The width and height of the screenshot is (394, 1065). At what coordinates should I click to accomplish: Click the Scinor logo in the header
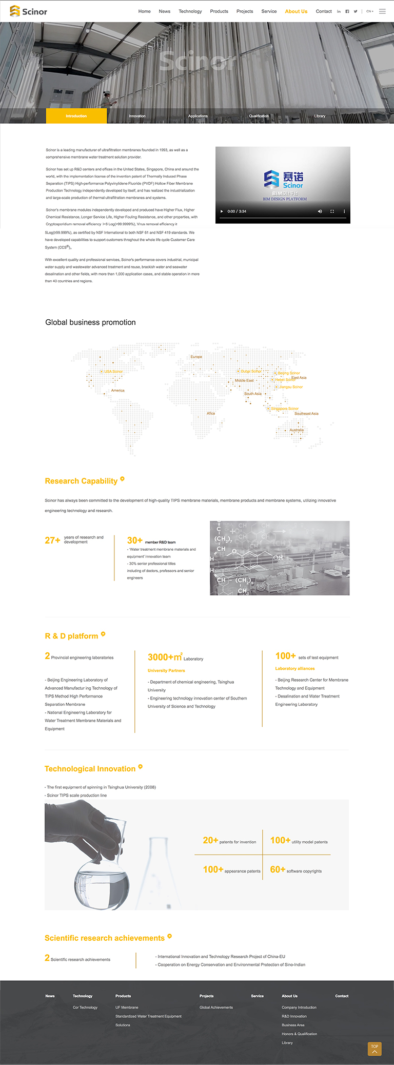pos(29,11)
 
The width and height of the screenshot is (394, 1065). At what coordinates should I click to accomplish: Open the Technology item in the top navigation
pos(190,11)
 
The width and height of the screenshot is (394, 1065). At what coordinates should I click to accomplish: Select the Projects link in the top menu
pos(245,11)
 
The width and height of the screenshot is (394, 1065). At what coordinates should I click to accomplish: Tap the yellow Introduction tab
pos(76,116)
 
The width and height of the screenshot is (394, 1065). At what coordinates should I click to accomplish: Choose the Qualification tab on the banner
pos(259,116)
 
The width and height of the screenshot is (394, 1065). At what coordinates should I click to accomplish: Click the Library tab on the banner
pos(320,116)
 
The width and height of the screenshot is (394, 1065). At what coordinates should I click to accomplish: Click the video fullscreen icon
pos(332,211)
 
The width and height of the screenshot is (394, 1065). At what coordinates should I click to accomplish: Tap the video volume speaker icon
pos(320,211)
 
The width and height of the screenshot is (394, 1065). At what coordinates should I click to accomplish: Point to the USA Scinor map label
pos(113,372)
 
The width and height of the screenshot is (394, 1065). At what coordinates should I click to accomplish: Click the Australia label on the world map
pos(297,430)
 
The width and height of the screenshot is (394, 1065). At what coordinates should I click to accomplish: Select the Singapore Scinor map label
pos(284,409)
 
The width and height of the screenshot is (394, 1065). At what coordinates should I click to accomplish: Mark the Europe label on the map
pos(196,357)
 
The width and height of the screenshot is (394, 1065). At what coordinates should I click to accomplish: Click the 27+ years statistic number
pos(52,540)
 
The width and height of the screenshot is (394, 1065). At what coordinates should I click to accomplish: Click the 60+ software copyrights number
pos(278,869)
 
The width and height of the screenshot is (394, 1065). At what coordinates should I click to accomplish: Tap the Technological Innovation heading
pos(90,769)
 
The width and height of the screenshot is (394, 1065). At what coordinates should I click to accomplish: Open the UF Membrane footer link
pos(127,1008)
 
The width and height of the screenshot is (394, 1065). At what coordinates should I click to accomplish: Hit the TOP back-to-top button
pos(375,1049)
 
